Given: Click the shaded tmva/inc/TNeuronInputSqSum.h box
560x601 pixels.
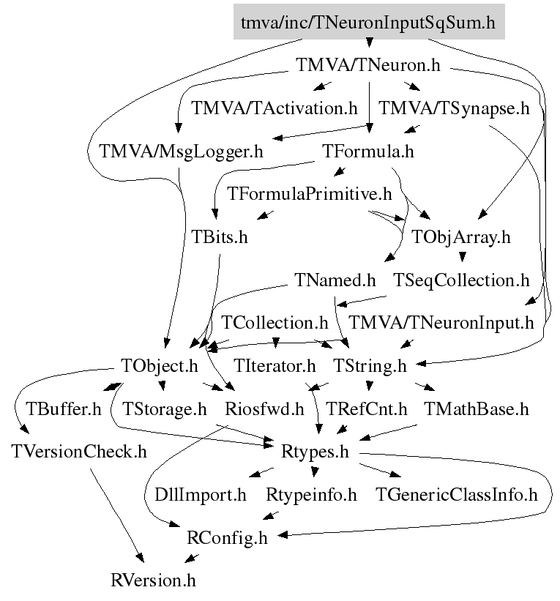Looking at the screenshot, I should coord(368,23).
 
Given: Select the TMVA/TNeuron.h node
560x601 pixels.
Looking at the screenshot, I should coord(368,65).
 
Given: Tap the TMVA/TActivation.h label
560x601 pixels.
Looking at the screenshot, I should coord(275,109).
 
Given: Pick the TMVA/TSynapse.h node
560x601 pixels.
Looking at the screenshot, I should coord(453,109).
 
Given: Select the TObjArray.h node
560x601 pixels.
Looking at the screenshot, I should coord(461,237).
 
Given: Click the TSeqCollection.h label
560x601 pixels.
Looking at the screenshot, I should coord(461,280).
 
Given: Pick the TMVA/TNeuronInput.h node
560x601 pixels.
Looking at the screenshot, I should coord(441,322).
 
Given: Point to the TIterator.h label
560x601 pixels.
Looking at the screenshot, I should coord(275,365).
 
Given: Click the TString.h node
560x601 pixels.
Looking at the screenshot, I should coord(370,365).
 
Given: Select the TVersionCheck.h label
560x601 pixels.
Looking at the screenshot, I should coord(79,451).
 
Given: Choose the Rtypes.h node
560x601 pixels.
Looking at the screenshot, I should coord(315,451).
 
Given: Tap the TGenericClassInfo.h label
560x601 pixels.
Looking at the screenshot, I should coord(457,495).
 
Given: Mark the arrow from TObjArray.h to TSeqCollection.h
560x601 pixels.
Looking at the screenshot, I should coord(461,257).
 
